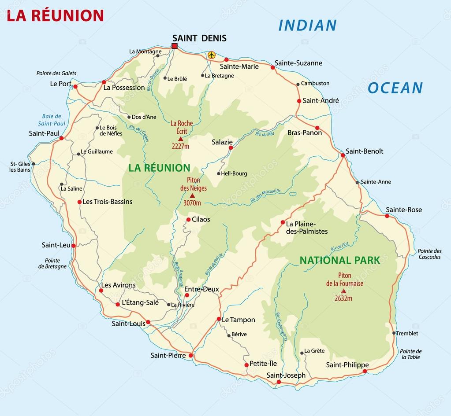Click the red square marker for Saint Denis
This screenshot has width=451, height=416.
[175, 46]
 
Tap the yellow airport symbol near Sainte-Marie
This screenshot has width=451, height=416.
[212, 55]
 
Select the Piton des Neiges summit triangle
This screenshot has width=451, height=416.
[192, 195]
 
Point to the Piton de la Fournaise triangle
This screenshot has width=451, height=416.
[343, 291]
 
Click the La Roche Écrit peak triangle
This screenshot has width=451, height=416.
[180, 139]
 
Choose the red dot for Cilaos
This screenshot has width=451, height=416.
[188, 220]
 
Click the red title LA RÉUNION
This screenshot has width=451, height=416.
[56, 15]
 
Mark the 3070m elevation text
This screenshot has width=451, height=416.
[192, 203]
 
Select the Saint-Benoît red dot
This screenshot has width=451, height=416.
[343, 155]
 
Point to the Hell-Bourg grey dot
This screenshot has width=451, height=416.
[219, 173]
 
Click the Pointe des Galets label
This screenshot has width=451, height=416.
[56, 73]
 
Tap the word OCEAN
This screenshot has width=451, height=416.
[395, 88]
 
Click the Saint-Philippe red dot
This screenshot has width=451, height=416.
[365, 372]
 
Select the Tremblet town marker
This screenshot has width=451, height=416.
[394, 333]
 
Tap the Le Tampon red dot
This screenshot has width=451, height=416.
[219, 319]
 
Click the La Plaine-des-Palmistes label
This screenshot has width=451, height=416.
[307, 227]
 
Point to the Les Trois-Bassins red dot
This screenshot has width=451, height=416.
[79, 202]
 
